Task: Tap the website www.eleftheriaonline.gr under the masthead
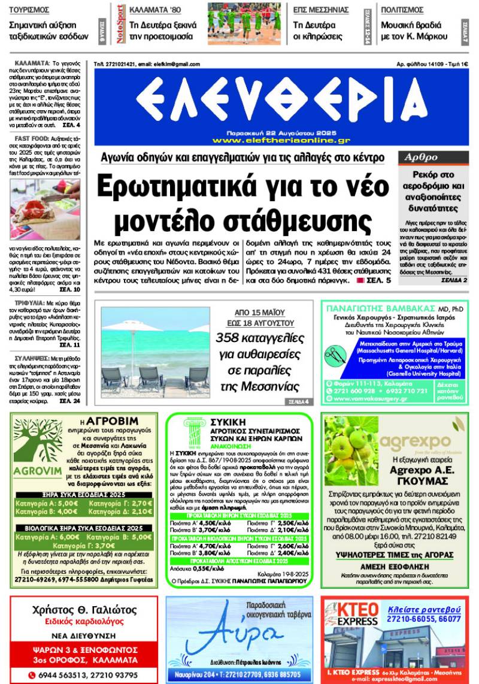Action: click(281, 140)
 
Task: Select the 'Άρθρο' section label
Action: click(419, 158)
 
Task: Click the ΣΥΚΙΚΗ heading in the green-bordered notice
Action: click(223, 422)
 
